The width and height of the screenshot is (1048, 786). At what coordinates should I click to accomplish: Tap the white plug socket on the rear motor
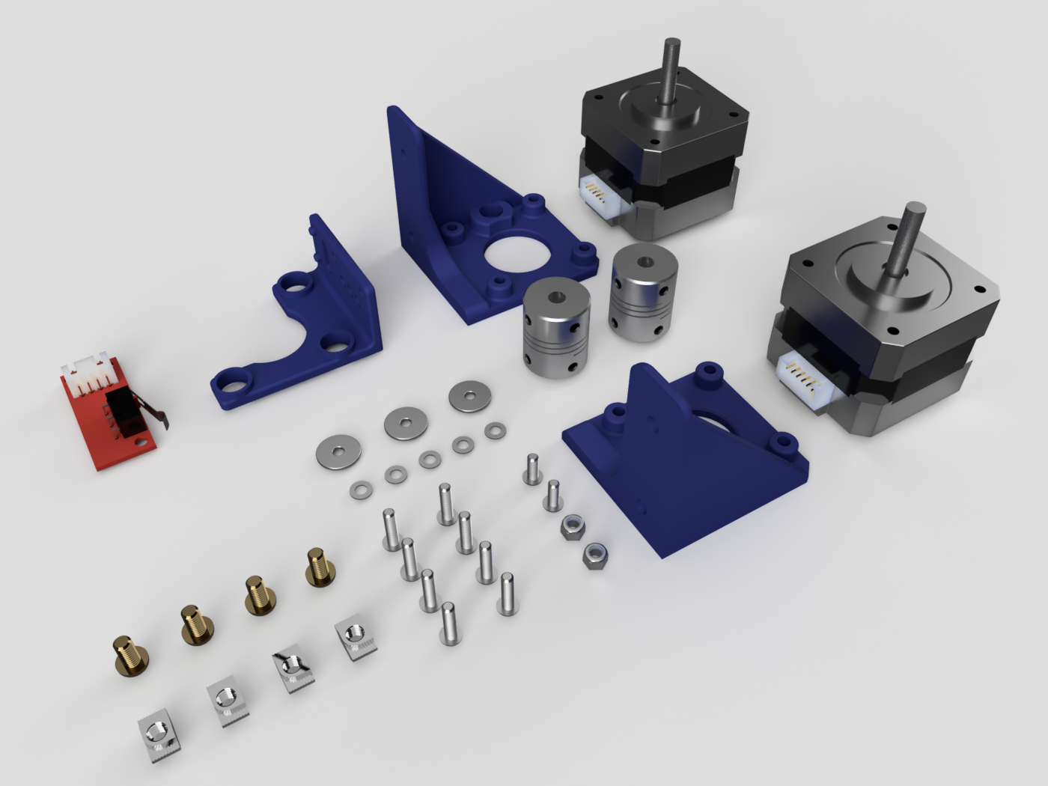598,195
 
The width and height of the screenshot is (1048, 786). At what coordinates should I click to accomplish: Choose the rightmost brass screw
320,567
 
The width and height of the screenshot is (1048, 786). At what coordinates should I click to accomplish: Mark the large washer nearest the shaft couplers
470,396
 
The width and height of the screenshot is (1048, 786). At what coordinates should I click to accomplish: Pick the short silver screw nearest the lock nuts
553,496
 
